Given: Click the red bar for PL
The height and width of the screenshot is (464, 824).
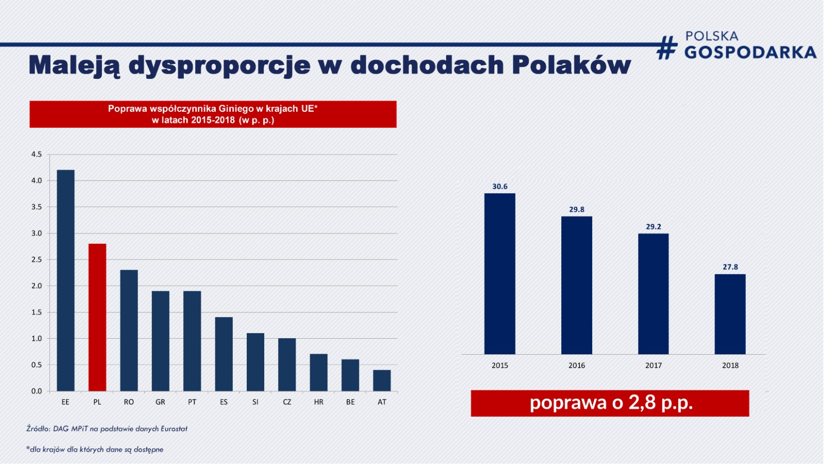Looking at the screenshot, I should pos(97,317).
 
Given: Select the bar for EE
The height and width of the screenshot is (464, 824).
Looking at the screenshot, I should pos(65,280).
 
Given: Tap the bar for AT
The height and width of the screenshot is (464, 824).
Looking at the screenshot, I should pos(382,380).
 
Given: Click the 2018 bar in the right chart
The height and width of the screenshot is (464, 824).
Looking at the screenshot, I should pos(730,314).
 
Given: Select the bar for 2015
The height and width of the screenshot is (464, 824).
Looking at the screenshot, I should pos(500,274).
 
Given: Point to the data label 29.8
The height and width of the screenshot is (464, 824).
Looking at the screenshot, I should pos(577,209).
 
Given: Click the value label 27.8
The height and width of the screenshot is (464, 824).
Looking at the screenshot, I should pos(730,267).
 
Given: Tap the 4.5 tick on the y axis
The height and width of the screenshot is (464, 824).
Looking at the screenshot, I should pos(37,154).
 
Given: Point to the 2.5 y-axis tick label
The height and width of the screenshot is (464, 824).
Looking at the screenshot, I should pos(37,259).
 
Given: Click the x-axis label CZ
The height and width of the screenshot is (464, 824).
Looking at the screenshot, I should pos(287,402).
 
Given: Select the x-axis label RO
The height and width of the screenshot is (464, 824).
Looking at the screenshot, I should pos(129,402).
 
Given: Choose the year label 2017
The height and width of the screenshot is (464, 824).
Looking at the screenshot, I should pos(654,366).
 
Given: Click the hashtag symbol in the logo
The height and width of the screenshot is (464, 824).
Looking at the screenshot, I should pos(667,47).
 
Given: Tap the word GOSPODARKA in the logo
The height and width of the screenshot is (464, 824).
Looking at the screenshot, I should pos(750,52).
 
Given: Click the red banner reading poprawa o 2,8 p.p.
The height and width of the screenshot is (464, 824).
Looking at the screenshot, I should pos(610,403).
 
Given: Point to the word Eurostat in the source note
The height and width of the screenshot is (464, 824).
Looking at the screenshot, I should pos(174,428).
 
